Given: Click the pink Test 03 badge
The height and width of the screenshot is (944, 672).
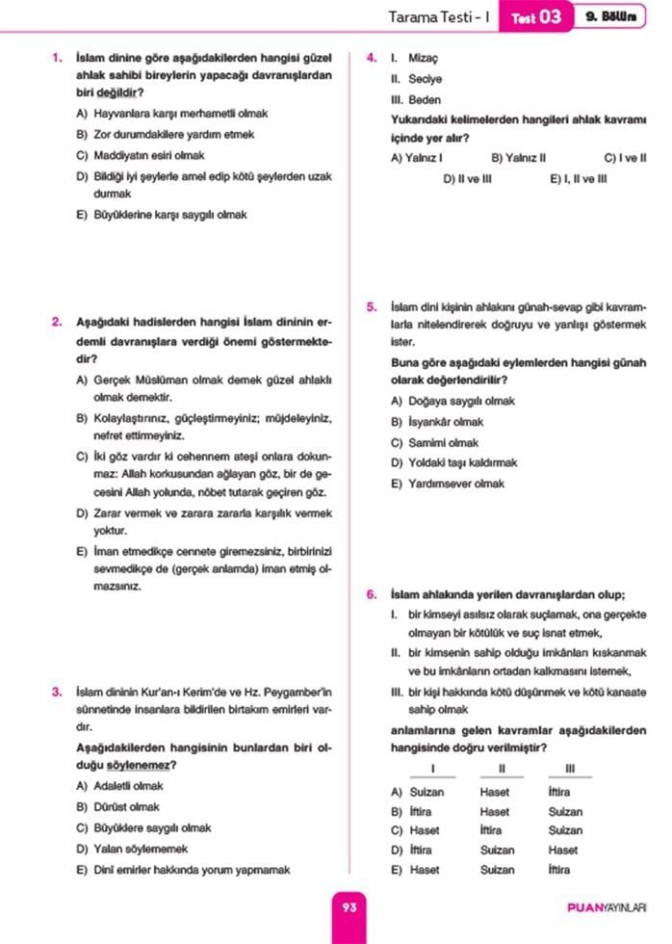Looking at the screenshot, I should (x=535, y=16).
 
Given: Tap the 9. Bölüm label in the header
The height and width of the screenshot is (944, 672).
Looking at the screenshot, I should (x=610, y=16).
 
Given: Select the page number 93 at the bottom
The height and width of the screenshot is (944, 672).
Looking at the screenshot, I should (x=349, y=906).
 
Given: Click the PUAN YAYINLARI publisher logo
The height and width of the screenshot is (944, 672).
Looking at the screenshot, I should (x=607, y=907).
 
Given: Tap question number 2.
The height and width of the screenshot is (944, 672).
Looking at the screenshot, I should (x=58, y=322).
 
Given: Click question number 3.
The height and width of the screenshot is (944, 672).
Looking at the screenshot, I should (x=58, y=692).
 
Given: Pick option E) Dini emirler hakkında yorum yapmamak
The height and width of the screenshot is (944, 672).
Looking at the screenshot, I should (x=182, y=870).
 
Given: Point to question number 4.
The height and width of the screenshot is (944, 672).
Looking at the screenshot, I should (x=372, y=58).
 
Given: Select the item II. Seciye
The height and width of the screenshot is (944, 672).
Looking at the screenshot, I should (x=402, y=79).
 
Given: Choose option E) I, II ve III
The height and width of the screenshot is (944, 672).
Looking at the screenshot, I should (x=578, y=178).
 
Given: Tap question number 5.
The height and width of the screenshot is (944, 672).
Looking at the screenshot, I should (x=372, y=307).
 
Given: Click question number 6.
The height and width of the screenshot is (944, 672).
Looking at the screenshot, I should (x=372, y=594).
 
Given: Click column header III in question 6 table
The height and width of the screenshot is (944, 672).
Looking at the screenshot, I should (x=570, y=768).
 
